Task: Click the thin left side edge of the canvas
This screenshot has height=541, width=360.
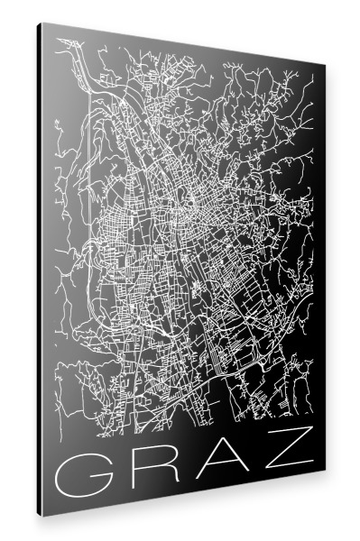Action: (x=39, y=270)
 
